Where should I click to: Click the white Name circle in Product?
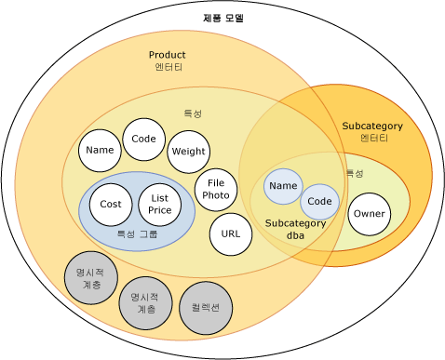(99, 150)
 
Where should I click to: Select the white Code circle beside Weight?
(143, 140)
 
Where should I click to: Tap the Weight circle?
(188, 152)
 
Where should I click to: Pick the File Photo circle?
(216, 189)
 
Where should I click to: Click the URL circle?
(230, 233)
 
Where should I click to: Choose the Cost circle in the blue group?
(111, 205)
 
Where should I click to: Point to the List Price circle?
(159, 205)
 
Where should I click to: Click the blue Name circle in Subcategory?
(283, 186)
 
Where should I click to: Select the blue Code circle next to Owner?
(319, 201)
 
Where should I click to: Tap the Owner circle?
(368, 215)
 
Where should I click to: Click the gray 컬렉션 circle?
(205, 307)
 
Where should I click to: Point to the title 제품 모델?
(222, 18)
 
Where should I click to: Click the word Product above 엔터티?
(168, 55)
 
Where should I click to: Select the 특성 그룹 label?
(137, 235)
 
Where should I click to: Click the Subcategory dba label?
(295, 229)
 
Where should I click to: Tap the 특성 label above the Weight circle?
(193, 113)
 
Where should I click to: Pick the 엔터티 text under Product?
(168, 68)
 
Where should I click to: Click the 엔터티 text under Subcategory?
(373, 138)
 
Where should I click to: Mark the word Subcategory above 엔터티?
(373, 125)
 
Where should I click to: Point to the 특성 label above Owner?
(355, 173)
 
